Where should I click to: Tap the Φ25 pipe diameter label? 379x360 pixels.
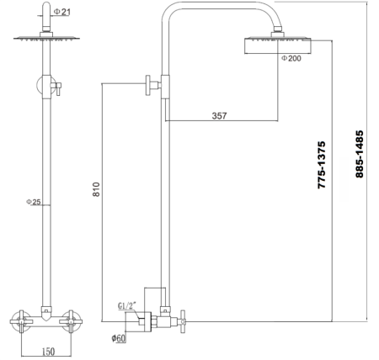[34, 202]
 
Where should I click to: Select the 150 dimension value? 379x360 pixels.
[50, 350]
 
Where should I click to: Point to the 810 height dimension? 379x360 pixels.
[95, 192]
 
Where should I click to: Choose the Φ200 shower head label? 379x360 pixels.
[291, 59]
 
